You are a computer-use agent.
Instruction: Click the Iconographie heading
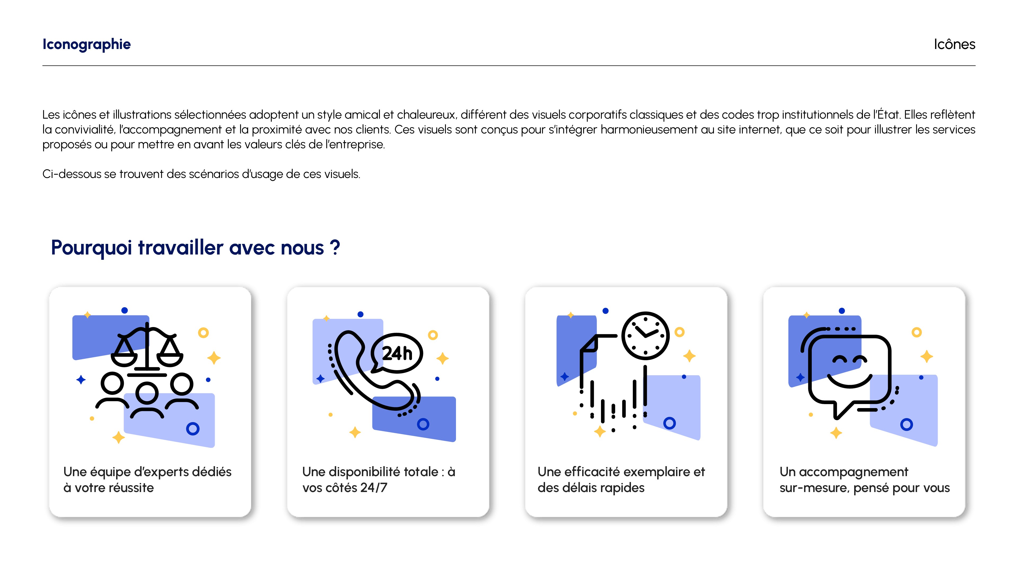pos(86,44)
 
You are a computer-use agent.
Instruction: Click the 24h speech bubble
pos(397,353)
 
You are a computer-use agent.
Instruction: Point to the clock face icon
pos(645,336)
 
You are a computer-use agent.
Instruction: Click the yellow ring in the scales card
pos(203,333)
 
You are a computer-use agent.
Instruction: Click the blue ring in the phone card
pos(423,424)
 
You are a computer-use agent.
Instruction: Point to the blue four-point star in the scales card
pos(81,380)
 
